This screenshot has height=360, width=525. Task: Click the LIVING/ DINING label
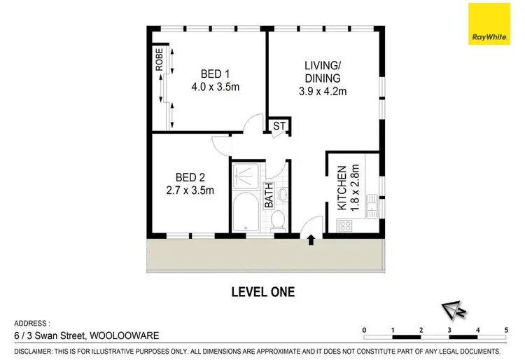324,71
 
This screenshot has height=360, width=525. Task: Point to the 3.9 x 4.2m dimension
324,90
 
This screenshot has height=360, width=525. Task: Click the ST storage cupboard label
278,127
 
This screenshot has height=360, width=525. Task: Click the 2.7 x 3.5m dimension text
190,190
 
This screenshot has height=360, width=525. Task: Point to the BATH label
269,195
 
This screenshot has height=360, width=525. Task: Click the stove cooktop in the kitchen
344,226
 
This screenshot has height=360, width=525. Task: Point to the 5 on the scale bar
505,328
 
